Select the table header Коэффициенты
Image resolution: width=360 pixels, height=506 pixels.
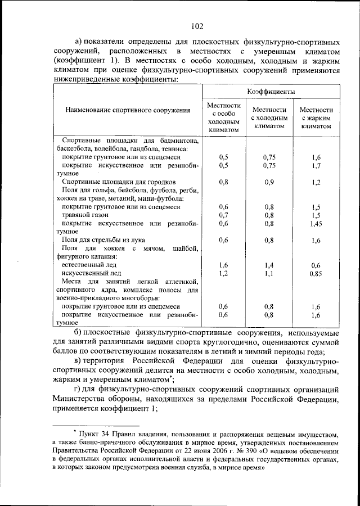pyautogui.click(x=271, y=91)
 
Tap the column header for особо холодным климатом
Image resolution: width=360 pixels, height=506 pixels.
pyautogui.click(x=224, y=118)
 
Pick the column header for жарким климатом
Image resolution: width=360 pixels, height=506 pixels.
pyautogui.click(x=316, y=118)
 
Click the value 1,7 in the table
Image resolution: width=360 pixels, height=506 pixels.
pyautogui.click(x=316, y=166)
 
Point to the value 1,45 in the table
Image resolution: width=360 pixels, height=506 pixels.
pyautogui.click(x=316, y=223)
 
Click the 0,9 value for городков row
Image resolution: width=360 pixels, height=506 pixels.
pyautogui.click(x=270, y=182)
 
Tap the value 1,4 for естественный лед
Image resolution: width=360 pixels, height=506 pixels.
pyautogui.click(x=270, y=264)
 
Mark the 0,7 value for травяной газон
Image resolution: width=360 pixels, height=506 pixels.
pyautogui.click(x=224, y=215)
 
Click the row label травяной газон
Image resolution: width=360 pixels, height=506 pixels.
pyautogui.click(x=85, y=215)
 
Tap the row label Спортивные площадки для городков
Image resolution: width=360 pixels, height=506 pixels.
pyautogui.click(x=119, y=182)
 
